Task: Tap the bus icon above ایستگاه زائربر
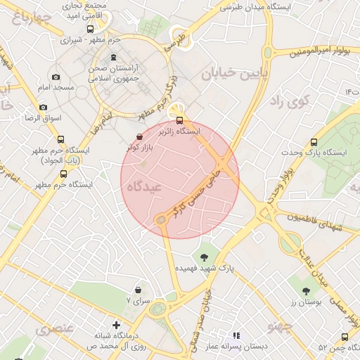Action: click(x=180, y=120)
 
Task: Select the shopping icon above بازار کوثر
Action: click(x=139, y=136)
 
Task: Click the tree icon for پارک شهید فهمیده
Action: click(x=205, y=257)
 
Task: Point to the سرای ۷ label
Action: click(x=138, y=300)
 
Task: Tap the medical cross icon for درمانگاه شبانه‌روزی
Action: click(x=117, y=325)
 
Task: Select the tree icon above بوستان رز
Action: click(x=306, y=290)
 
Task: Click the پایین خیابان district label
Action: click(x=236, y=75)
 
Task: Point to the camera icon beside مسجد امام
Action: click(x=56, y=77)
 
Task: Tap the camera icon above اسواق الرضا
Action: click(x=44, y=108)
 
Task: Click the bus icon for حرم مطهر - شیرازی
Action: click(x=89, y=29)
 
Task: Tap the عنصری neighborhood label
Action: click(x=54, y=328)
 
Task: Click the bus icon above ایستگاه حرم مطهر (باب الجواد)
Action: click(x=60, y=139)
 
